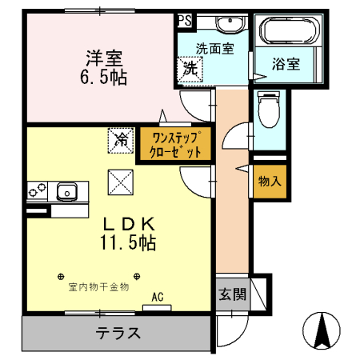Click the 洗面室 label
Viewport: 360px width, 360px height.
pos(215,48)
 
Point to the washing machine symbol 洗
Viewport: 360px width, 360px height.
pos(191,69)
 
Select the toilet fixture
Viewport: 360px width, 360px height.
pos(269,110)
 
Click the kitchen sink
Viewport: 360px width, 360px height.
pos(66,191)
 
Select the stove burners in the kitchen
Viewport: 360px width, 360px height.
pos(37,191)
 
